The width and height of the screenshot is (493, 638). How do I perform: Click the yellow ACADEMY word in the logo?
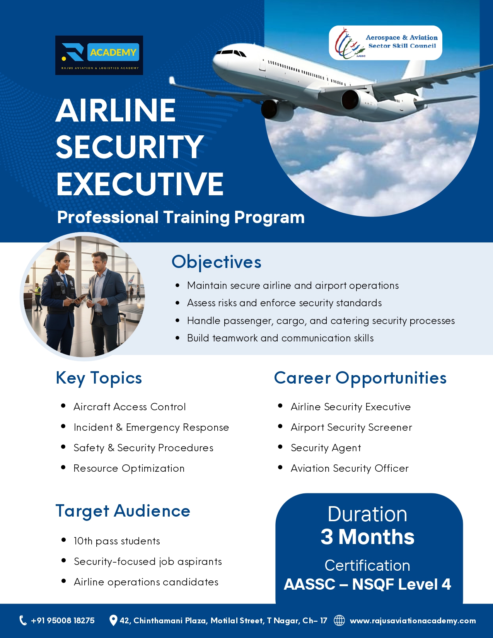113,52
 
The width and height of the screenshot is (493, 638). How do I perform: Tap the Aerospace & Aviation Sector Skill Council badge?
385,43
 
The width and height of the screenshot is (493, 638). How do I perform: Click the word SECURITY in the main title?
130,147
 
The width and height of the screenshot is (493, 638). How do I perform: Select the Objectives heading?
217,262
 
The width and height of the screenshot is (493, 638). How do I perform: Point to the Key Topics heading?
99,378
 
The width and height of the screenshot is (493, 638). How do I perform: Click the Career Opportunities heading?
360,378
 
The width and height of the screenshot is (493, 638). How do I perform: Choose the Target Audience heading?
123,511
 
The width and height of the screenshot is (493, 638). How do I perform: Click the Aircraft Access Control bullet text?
130,407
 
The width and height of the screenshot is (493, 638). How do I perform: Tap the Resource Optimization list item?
129,468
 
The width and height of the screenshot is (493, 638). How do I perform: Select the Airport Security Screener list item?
351,428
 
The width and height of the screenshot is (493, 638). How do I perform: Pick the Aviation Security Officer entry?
350,468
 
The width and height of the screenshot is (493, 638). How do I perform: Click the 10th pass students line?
117,541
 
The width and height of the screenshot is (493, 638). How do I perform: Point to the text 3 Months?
367,537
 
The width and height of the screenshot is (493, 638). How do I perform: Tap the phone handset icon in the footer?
23,620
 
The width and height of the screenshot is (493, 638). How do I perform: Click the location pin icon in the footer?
113,620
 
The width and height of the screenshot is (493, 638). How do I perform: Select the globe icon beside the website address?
339,620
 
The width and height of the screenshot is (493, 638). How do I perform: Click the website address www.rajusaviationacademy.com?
413,621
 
